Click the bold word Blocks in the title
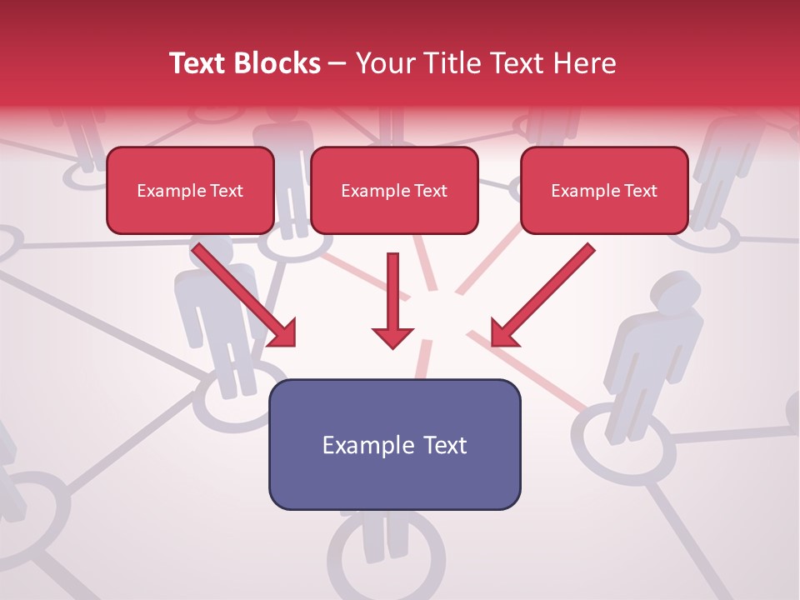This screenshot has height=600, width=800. pos(277,63)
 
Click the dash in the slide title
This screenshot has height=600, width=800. pos(337,64)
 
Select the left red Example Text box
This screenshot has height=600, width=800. pos(190,191)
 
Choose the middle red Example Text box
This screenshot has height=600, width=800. pos(394,191)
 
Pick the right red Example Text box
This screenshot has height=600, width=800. pos(604,191)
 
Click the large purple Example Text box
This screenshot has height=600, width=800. pos(394,444)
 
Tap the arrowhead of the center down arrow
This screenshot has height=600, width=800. pos(392,336)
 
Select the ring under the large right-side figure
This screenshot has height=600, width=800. pos(623,445)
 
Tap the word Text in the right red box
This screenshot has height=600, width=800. pos(640,191)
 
